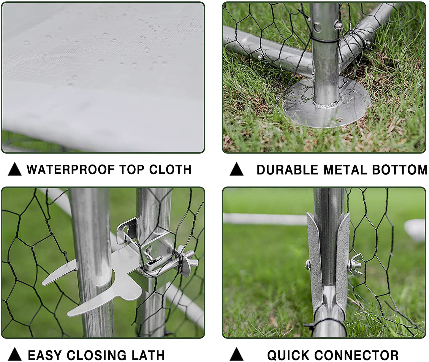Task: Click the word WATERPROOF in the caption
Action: [71, 169]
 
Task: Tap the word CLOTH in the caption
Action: [170, 169]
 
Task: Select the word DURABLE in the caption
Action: [287, 170]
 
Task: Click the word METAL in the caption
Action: [345, 170]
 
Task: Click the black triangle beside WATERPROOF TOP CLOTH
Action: [15, 169]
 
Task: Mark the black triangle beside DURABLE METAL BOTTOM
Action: [237, 169]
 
